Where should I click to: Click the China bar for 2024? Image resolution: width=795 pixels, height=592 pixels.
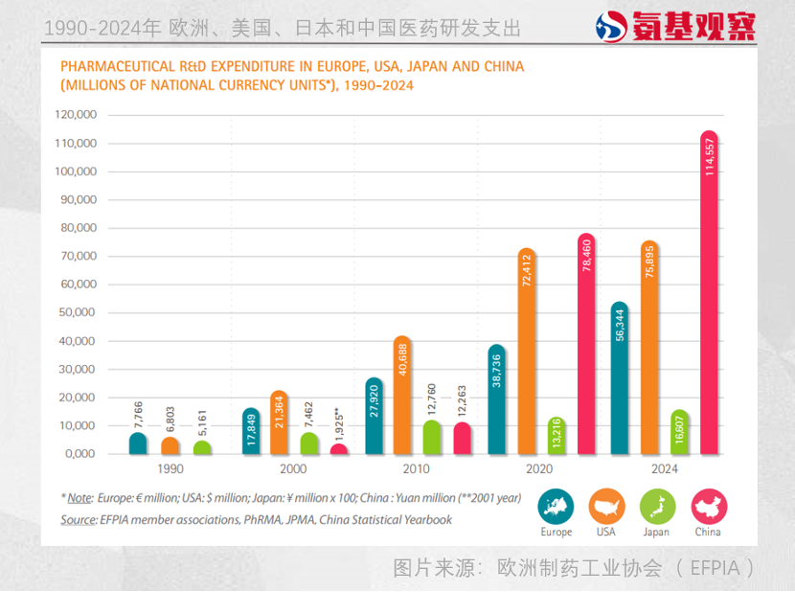coord(709,292)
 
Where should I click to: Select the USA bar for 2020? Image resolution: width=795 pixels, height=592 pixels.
coord(527,351)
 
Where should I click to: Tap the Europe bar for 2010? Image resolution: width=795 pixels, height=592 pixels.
coord(375,416)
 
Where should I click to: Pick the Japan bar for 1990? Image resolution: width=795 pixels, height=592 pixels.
coord(202,447)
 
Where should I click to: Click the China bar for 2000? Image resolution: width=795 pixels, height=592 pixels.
coord(339,449)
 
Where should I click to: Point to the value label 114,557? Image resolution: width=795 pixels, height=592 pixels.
coord(710,157)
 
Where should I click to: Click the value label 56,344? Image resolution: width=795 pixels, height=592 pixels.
coord(620,325)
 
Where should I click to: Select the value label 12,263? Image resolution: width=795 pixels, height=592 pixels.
coord(462,400)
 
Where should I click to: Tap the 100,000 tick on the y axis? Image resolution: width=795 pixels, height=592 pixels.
coord(76,171)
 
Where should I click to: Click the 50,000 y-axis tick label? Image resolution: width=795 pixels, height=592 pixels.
coord(78,312)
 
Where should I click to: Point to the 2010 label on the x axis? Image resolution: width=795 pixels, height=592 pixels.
coord(417,468)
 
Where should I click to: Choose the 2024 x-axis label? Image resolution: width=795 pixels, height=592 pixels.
coord(664,468)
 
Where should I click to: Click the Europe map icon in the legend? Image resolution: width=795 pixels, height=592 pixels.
coord(556,507)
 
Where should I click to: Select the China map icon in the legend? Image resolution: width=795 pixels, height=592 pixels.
coord(709,507)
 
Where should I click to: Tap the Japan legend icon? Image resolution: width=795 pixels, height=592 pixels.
coord(658,507)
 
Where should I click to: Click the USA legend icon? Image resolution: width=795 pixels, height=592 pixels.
coord(606,507)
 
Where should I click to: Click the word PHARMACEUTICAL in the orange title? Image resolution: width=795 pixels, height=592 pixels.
coord(118,66)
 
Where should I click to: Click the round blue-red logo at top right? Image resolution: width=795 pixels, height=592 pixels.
coord(611,27)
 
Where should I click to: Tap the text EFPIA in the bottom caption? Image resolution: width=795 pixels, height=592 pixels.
coord(715,568)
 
